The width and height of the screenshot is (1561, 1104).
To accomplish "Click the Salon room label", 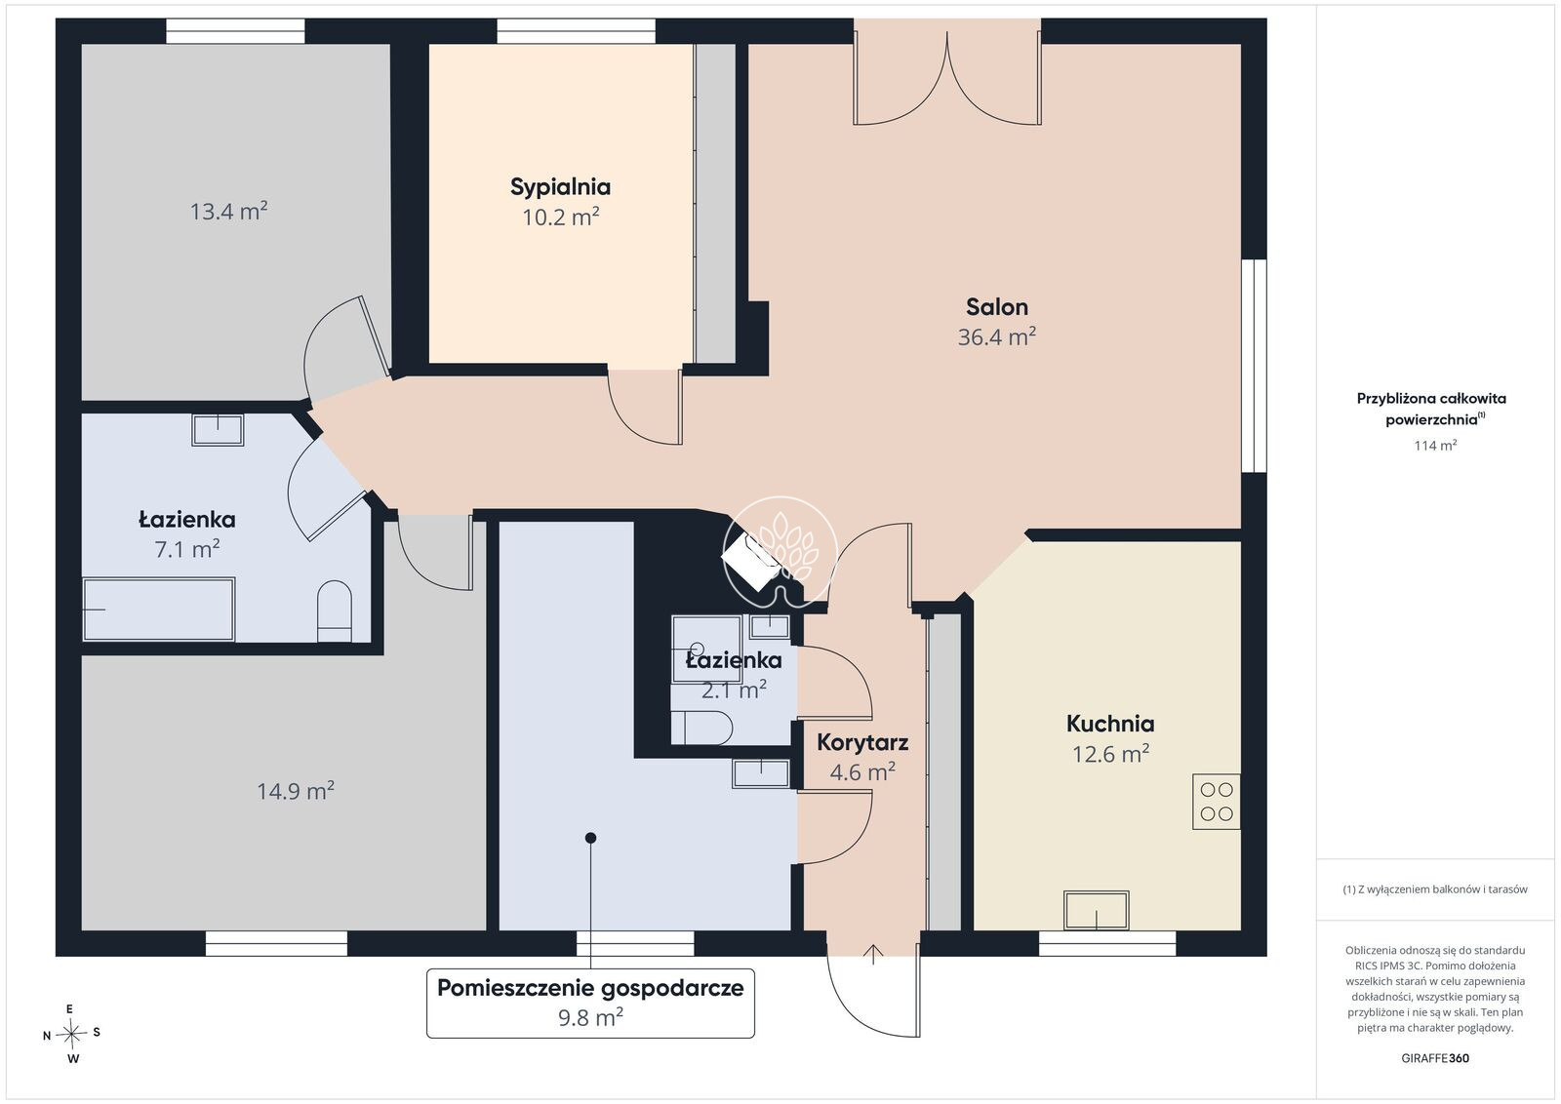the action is coord(996,306).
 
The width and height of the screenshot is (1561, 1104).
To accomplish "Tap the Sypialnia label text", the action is coord(560,186).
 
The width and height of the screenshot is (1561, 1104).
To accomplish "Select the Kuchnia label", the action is coord(1110,724).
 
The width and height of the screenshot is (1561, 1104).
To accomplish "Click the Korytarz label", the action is coord(862,742).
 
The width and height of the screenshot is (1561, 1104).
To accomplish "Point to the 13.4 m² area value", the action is coord(228,211).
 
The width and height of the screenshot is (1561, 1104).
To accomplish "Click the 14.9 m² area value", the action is coord(296,791).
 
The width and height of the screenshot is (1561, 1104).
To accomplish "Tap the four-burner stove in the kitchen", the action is coord(1216,801).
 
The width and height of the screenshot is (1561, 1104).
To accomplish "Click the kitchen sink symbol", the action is coord(1097,910).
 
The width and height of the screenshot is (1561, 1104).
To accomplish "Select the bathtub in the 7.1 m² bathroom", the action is coord(159,609).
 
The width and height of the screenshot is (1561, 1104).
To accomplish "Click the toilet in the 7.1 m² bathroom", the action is coord(335,611).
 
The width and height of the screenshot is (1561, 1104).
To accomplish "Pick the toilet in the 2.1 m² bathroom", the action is coord(701,728).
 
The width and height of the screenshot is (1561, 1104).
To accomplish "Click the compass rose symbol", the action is coord(71,1034).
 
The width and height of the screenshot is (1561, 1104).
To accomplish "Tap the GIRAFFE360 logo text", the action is coord(1435,1058).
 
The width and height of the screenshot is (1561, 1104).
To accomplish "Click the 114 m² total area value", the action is coord(1435,445).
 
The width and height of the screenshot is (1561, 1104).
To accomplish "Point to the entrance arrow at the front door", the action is coord(873,954).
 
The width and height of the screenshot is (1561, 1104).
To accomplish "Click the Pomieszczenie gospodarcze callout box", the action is coord(590,1003).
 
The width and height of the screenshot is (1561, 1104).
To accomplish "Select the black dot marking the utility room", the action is coord(590,838).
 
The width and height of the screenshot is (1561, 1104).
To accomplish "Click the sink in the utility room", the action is coord(760,773).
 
